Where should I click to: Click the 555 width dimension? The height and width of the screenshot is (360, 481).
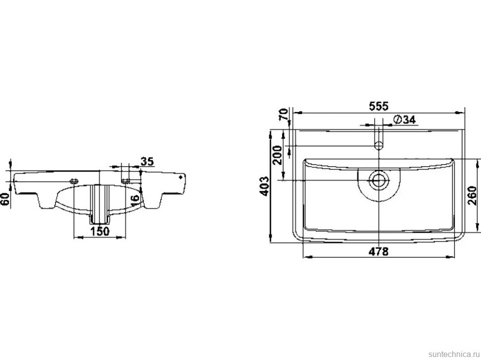coord(378,106)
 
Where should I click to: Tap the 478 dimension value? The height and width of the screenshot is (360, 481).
coord(378,251)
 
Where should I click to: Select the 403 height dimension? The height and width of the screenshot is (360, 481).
coord(264,186)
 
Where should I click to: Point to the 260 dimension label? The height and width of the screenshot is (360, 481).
coord(472,195)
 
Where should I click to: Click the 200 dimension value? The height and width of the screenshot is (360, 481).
coord(277,155)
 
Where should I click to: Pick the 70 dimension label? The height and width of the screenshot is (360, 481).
coord(284,114)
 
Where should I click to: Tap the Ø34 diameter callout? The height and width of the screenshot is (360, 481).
coord(404,120)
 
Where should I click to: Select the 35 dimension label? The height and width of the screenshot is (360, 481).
coord(147,162)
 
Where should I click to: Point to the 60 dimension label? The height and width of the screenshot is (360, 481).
coord(5,199)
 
